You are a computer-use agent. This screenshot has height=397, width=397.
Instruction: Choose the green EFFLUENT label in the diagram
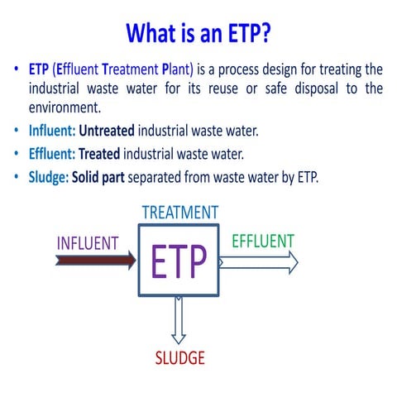(x=263, y=241)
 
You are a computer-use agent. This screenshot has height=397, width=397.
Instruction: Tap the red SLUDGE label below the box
(x=179, y=358)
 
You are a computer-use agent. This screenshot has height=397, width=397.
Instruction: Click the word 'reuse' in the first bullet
(x=237, y=88)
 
